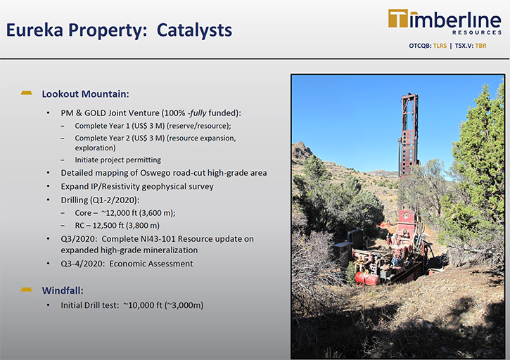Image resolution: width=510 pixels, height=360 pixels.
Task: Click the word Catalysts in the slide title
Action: [x=194, y=30]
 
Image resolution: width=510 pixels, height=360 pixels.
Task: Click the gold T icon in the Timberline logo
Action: [x=398, y=18]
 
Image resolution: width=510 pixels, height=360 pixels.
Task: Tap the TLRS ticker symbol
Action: [x=440, y=46]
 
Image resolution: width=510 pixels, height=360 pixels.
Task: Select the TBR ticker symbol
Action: [x=480, y=46]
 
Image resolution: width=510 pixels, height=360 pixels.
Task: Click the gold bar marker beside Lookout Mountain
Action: [x=26, y=93]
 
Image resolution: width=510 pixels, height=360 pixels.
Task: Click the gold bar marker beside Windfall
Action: [x=26, y=290]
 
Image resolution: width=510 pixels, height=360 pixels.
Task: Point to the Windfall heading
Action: [x=63, y=290]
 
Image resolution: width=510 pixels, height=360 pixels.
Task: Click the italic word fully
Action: [x=198, y=112]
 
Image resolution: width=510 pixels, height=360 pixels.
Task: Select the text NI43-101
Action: [x=158, y=238]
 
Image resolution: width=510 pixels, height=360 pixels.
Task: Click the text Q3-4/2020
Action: [x=82, y=264]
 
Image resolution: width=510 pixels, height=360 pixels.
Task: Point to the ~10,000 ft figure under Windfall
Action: [x=143, y=305]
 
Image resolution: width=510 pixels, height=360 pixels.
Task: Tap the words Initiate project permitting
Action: [x=117, y=160]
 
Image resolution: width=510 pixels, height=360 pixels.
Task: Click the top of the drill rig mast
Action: [x=410, y=95]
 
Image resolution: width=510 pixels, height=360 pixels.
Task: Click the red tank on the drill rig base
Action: [x=366, y=278]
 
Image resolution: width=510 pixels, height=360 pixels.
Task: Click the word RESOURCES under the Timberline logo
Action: [x=477, y=32]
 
